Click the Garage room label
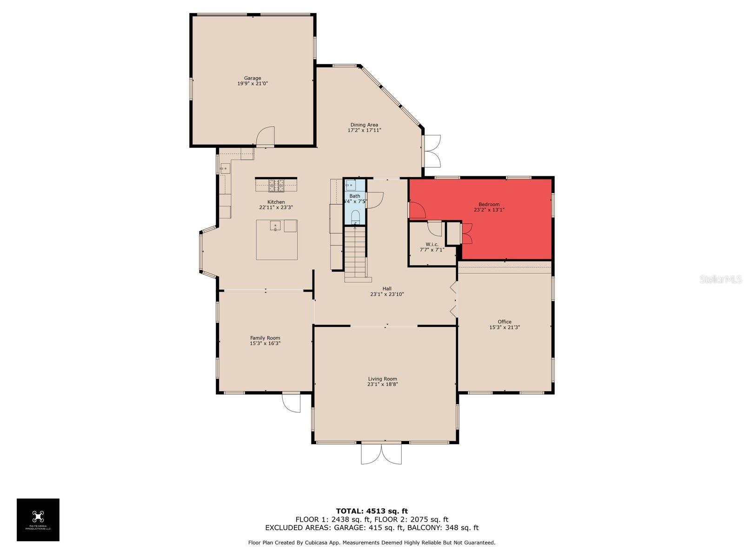pyautogui.click(x=252, y=78)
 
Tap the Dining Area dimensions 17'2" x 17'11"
pyautogui.click(x=364, y=131)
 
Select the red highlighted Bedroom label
pyautogui.click(x=489, y=205)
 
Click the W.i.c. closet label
pyautogui.click(x=432, y=244)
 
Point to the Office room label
pyautogui.click(x=504, y=322)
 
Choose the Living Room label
pyautogui.click(x=382, y=379)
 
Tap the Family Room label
pyautogui.click(x=265, y=338)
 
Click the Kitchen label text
pyautogui.click(x=276, y=202)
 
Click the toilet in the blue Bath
pyautogui.click(x=355, y=217)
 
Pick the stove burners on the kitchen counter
pyautogui.click(x=276, y=186)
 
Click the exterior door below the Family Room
pyautogui.click(x=292, y=403)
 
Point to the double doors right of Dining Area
pyautogui.click(x=432, y=151)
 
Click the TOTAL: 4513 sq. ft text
pyautogui.click(x=372, y=511)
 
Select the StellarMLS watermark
pyautogui.click(x=720, y=279)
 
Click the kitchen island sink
pyautogui.click(x=275, y=226)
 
